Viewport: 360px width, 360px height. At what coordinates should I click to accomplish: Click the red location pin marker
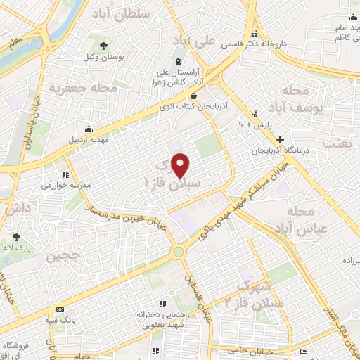[x=181, y=165]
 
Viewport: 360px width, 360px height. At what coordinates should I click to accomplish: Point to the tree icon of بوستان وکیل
[x=104, y=45]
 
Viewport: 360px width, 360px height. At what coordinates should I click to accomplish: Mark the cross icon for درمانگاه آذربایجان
[x=281, y=139]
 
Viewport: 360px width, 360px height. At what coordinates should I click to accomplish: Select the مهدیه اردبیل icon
[x=89, y=129]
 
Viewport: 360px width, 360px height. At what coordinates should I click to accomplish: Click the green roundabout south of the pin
[x=179, y=250]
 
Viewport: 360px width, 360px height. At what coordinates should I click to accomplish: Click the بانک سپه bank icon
[x=60, y=309]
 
